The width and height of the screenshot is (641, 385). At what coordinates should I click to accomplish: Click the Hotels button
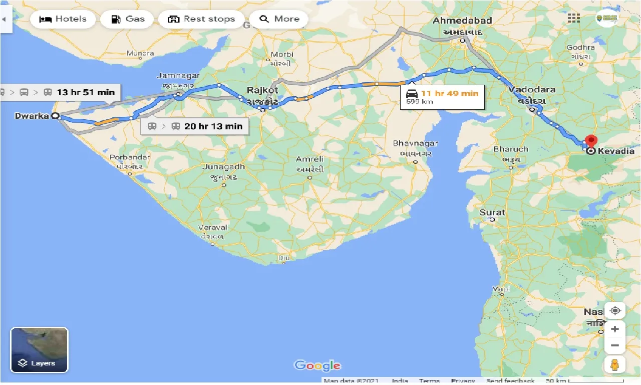point(63,19)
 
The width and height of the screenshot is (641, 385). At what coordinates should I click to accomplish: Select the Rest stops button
point(201,19)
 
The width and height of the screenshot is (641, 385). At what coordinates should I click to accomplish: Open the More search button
point(279,19)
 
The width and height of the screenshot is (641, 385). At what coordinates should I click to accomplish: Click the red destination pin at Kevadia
point(591,141)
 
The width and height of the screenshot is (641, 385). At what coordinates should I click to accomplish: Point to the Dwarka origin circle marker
point(56,116)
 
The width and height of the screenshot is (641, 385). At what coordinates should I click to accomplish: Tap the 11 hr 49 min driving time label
point(449,94)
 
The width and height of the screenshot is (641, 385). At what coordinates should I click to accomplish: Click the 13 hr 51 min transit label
point(85,92)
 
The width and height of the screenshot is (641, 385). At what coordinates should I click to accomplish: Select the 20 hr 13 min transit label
point(213,126)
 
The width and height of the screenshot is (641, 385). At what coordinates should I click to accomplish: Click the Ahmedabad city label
point(462,21)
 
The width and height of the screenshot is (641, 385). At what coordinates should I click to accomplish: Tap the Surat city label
point(492,212)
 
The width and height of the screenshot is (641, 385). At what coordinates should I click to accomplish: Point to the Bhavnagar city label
point(415,143)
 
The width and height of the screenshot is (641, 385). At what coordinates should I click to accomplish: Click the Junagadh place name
point(224,167)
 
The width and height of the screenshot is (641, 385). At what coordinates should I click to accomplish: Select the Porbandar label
point(130,157)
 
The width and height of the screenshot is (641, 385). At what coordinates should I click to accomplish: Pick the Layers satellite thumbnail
point(39,350)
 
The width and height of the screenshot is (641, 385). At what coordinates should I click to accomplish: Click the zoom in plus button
point(615,329)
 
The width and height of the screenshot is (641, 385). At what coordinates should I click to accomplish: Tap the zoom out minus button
point(615,345)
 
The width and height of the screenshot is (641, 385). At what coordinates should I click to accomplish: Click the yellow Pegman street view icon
point(615,364)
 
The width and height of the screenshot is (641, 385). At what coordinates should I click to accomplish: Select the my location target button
point(615,310)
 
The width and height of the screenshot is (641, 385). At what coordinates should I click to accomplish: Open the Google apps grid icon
point(574,18)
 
